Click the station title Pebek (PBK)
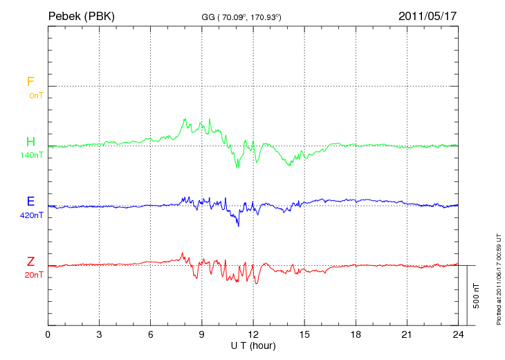coord(81,15)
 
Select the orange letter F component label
coord(30,82)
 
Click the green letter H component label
coord(30,143)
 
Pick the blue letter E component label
coord(30,202)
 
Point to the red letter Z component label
coord(30,262)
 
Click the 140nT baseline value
coord(32,155)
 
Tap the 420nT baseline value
coord(32,215)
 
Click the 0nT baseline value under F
coord(36,96)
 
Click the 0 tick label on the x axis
coord(48,334)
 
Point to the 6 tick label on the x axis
coord(151,334)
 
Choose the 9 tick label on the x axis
coord(202,334)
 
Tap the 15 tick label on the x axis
coord(304,334)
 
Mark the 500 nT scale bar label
coord(477,296)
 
